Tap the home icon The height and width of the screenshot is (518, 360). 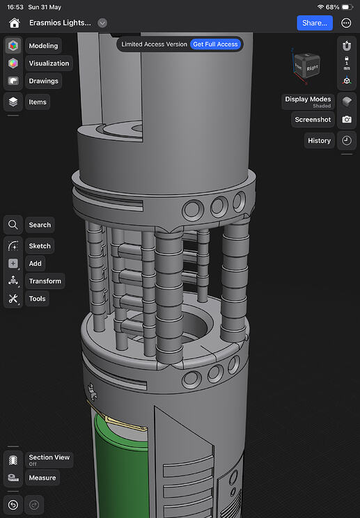[x=14, y=23]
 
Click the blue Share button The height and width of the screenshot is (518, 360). [x=315, y=23]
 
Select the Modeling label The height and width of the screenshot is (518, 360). [x=43, y=45]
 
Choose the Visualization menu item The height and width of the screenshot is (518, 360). [x=49, y=63]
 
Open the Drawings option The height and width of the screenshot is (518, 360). [x=43, y=81]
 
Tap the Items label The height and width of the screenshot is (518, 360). [x=38, y=102]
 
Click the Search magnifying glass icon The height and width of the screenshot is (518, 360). [x=13, y=225]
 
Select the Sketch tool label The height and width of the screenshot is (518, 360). [x=40, y=246]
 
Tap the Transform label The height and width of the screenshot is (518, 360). [x=45, y=281]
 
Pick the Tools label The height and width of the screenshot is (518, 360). [x=37, y=299]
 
